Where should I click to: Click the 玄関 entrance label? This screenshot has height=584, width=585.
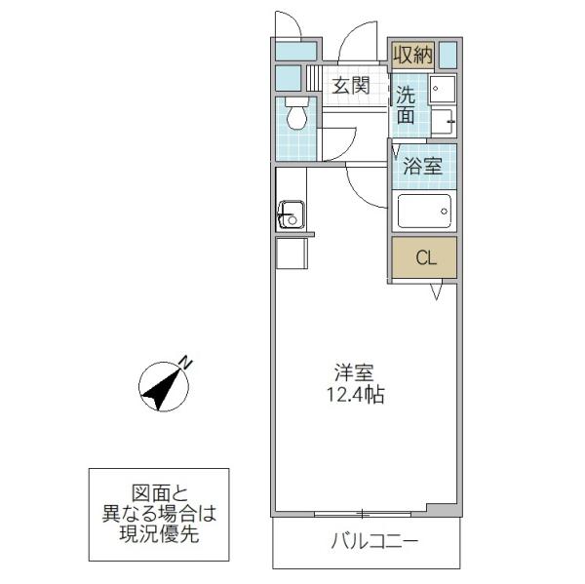pos(351,86)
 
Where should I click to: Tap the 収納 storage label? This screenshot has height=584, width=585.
pos(413,55)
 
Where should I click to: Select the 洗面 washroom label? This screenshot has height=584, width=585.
pos(406,105)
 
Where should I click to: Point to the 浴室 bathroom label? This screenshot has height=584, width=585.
pos(423,166)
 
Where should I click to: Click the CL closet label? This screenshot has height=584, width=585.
pos(426,257)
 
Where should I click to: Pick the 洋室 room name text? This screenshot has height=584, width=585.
pos(354,372)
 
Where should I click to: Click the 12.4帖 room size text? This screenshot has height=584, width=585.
pos(356,395)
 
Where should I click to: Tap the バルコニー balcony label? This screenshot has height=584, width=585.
pos(374,541)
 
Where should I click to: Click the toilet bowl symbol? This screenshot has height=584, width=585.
pos(296,113)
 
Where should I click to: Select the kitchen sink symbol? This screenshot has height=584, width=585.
pos(291,215)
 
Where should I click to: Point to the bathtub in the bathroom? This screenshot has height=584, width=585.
pos(424,211)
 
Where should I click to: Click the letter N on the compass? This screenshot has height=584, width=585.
pos(186,362)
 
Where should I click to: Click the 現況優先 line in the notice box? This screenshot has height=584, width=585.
pos(159,534)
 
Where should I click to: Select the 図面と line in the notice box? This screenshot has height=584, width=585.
pos(160,493)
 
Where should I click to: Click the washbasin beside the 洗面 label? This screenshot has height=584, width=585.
pos(443,89)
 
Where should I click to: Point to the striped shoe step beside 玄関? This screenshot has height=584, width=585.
pos(314,78)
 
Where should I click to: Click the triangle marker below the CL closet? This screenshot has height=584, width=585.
pos(436,292)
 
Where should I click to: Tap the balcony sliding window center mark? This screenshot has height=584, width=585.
pos(362,514)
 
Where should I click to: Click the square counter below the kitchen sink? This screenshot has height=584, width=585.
pos(292,253)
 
